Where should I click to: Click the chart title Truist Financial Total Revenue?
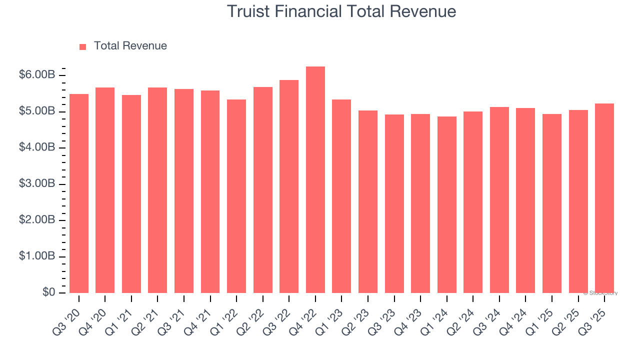[x=341, y=11]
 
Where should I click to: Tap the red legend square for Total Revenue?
[x=82, y=46]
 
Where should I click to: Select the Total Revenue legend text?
[x=130, y=46]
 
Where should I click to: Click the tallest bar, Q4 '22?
[x=315, y=180]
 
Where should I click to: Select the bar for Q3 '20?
[x=79, y=193]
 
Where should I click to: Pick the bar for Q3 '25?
[x=604, y=198]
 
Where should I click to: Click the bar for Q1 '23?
[x=341, y=196]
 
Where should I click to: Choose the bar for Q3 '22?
[x=289, y=186]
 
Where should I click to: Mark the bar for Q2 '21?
[x=157, y=190]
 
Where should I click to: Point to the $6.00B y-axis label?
[x=37, y=75]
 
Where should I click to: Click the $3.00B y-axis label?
[x=37, y=184]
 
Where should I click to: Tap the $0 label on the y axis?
[x=48, y=292]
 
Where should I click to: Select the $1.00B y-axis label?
[x=37, y=256]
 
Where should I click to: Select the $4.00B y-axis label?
[x=37, y=147]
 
